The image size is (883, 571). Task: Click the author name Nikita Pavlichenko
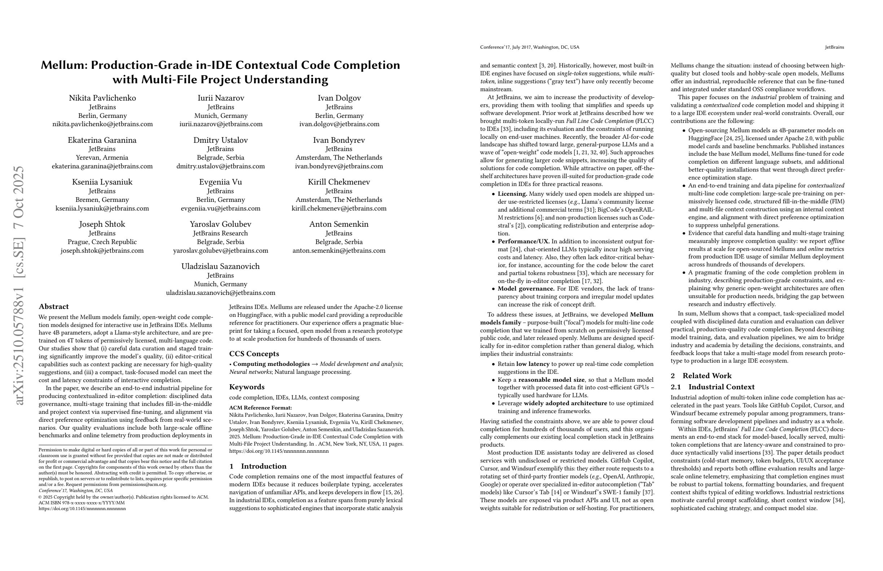tap(102, 98)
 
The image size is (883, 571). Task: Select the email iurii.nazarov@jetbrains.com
tap(221, 124)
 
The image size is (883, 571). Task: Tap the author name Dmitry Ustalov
tap(220, 140)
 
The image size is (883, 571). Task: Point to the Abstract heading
tap(54, 307)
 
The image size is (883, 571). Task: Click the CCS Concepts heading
tap(254, 354)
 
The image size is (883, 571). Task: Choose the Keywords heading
tap(247, 387)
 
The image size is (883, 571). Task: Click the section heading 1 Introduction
tap(258, 466)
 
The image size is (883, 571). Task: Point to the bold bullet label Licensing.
tap(512, 194)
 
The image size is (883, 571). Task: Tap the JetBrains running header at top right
tap(834, 47)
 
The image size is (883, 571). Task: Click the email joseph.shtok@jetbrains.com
tap(102, 251)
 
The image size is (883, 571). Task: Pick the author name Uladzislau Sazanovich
tap(220, 266)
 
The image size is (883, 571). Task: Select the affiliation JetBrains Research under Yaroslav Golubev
tap(220, 233)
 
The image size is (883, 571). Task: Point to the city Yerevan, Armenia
tap(102, 158)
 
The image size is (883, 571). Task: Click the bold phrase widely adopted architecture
tap(566, 403)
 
